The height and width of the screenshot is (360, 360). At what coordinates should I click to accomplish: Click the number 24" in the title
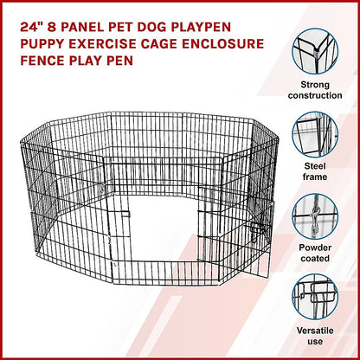click(31, 27)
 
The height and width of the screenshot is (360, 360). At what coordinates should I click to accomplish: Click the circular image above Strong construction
click(315, 51)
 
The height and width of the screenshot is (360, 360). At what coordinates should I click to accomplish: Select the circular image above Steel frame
click(315, 134)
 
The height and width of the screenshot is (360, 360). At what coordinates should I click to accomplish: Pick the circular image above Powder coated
click(315, 217)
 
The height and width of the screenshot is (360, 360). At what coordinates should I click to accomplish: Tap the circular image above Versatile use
click(315, 298)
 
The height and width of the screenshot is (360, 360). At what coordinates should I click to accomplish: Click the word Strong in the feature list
click(315, 85)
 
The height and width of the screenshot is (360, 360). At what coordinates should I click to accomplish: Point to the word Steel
click(315, 166)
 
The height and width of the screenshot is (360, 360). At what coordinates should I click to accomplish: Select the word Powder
click(315, 247)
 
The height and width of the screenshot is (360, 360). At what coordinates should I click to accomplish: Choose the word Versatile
click(315, 331)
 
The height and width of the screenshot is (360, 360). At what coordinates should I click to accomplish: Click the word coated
click(315, 258)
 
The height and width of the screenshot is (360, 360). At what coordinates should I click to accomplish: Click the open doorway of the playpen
click(164, 228)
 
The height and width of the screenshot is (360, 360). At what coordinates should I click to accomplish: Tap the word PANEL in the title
click(87, 27)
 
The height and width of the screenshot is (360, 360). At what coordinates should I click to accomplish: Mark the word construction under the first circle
click(315, 95)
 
